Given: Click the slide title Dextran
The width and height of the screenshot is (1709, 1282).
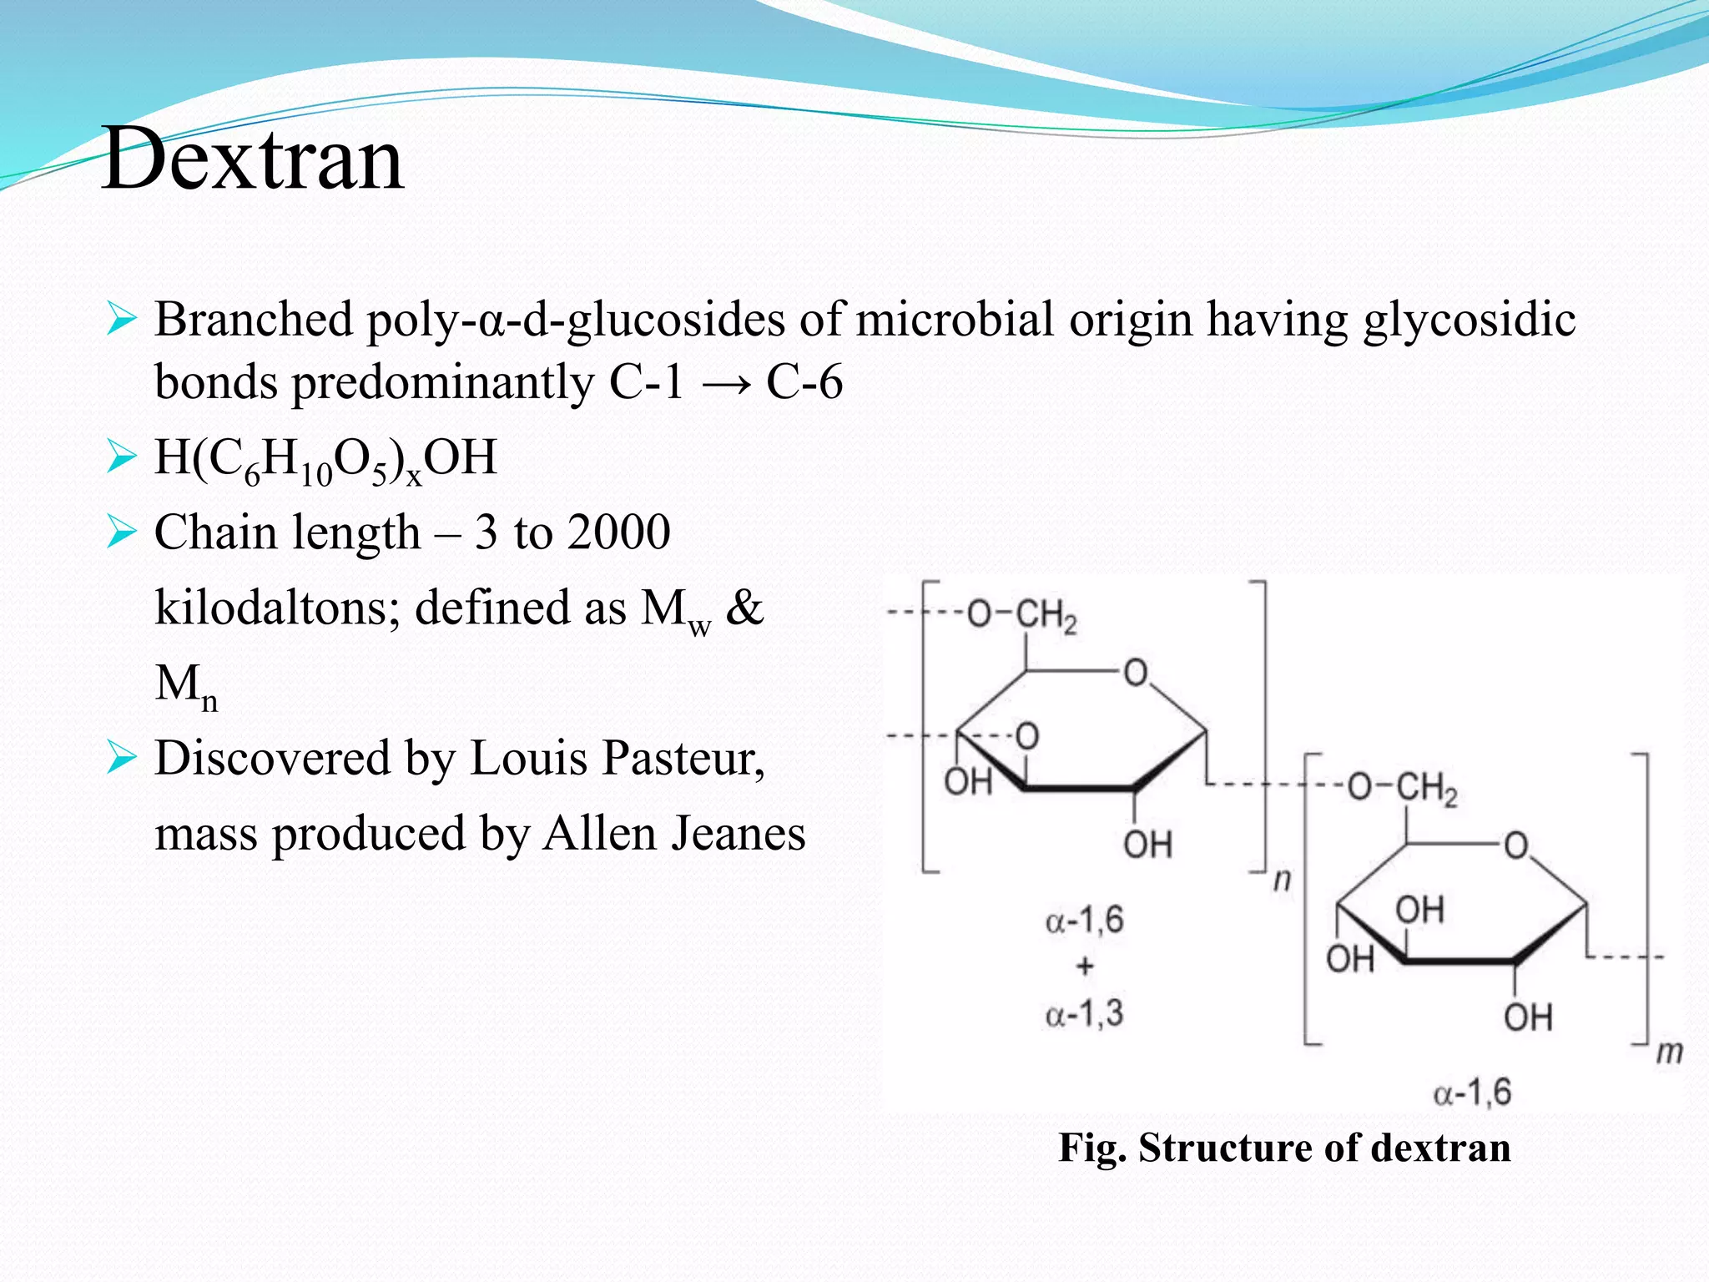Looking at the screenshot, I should (253, 159).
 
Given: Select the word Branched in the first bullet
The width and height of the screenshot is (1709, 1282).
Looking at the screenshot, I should (254, 320).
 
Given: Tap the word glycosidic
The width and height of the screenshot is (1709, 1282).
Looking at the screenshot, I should (1469, 320).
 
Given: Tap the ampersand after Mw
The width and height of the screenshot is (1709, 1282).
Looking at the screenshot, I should (744, 608).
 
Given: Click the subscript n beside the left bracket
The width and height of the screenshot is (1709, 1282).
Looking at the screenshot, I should (1282, 880).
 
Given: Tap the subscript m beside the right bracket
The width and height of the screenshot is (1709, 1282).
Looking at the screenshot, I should (1669, 1052).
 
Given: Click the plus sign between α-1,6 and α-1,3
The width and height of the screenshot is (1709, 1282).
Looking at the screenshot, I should (1085, 967).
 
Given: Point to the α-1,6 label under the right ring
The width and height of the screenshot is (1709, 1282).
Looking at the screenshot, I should (1472, 1092).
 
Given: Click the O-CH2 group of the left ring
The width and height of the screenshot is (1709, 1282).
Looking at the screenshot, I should (1021, 616).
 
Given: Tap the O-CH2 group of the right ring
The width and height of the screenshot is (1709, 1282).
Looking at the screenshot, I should (1402, 788).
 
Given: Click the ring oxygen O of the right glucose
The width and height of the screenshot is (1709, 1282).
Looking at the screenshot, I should (1515, 845).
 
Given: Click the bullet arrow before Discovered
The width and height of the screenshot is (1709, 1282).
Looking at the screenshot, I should (121, 758).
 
